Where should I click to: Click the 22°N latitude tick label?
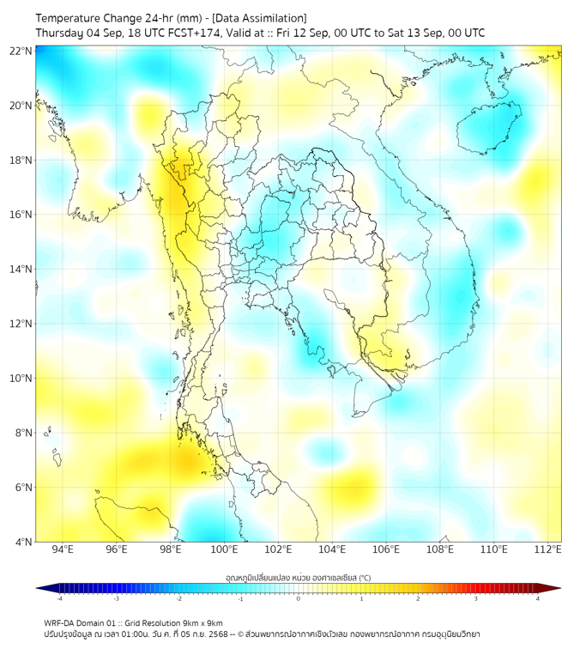point(21,51)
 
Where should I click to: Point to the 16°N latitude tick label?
point(21,215)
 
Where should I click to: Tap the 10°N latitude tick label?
point(21,379)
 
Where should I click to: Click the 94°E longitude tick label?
point(63,549)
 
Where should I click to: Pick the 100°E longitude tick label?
point(224,549)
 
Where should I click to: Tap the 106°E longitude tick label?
point(386,549)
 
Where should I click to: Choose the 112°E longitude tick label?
point(547,549)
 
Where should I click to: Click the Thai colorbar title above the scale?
point(298,578)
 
